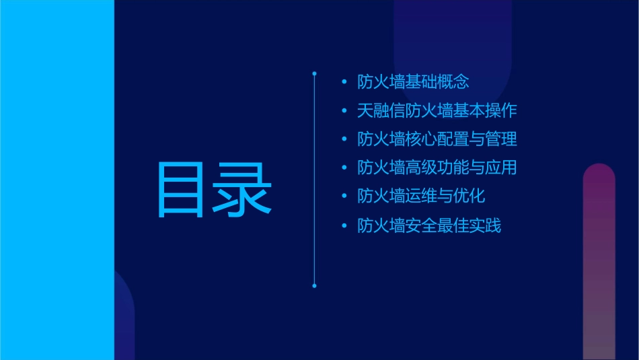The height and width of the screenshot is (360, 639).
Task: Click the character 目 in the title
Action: click(x=181, y=190)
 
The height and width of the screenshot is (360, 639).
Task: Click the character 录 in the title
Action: click(x=243, y=190)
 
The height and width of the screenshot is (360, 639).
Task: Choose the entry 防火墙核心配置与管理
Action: click(x=437, y=140)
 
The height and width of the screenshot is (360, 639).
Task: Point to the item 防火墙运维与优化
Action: click(x=421, y=196)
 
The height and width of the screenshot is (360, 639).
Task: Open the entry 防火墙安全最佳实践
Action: click(x=429, y=225)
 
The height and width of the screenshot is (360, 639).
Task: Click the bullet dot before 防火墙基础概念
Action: click(x=344, y=83)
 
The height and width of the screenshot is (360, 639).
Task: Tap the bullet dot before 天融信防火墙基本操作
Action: click(x=344, y=111)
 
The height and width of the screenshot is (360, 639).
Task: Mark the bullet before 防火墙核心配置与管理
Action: click(x=344, y=140)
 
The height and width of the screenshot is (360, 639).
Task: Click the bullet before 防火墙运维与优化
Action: click(x=344, y=196)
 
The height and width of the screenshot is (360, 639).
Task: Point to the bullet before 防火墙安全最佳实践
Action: click(x=344, y=225)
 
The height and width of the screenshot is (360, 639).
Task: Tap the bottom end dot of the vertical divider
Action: click(x=314, y=285)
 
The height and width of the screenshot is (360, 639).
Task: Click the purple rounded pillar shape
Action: click(x=599, y=262)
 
